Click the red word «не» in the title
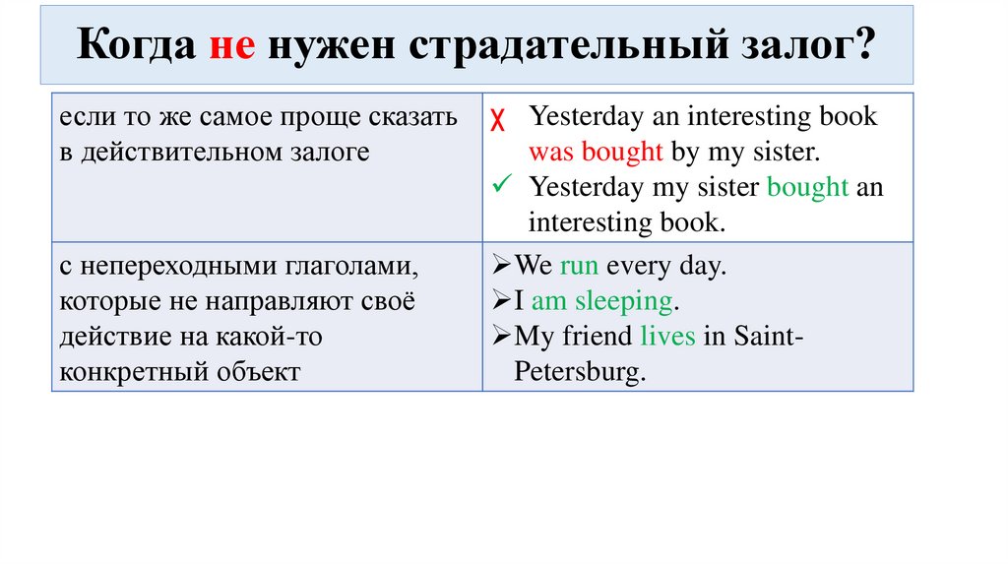(x=232, y=47)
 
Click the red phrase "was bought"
(x=595, y=153)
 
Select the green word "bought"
(x=807, y=187)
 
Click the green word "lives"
(x=667, y=337)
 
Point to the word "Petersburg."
(x=581, y=372)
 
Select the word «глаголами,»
(x=346, y=267)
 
